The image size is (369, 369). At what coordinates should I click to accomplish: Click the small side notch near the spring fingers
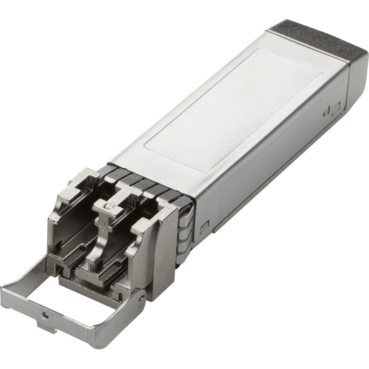(x=205, y=225)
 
